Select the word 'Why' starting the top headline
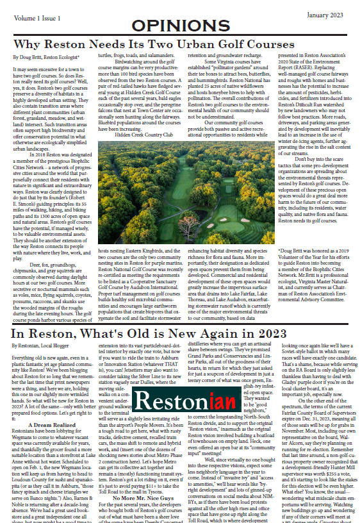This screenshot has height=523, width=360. point(29,45)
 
